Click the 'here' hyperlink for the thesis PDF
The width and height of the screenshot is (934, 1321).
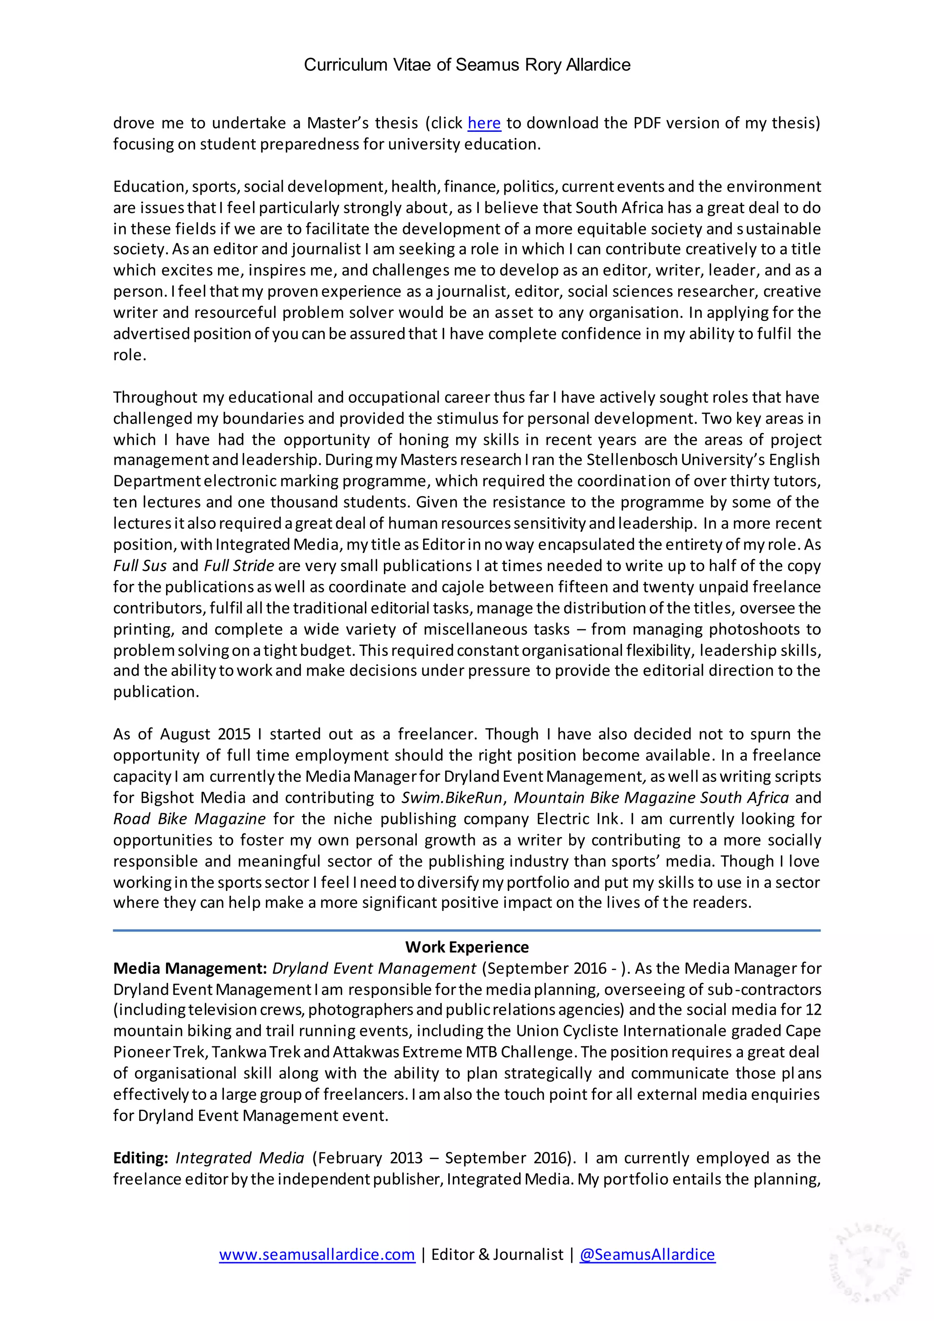[x=484, y=123]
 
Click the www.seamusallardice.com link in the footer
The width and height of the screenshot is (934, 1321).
[x=317, y=1254]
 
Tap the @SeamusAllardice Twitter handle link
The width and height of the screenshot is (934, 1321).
[x=647, y=1254]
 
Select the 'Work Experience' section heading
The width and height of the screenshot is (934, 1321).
[x=467, y=947]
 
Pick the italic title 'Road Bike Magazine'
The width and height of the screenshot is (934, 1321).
[x=189, y=819]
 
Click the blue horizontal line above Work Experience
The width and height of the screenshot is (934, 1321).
[x=467, y=930]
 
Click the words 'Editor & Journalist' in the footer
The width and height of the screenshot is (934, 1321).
[x=497, y=1254]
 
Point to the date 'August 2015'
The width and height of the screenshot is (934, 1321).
[x=205, y=734]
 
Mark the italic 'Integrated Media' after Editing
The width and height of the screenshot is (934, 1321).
[x=240, y=1158]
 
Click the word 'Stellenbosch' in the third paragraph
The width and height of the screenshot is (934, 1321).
[x=633, y=460]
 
